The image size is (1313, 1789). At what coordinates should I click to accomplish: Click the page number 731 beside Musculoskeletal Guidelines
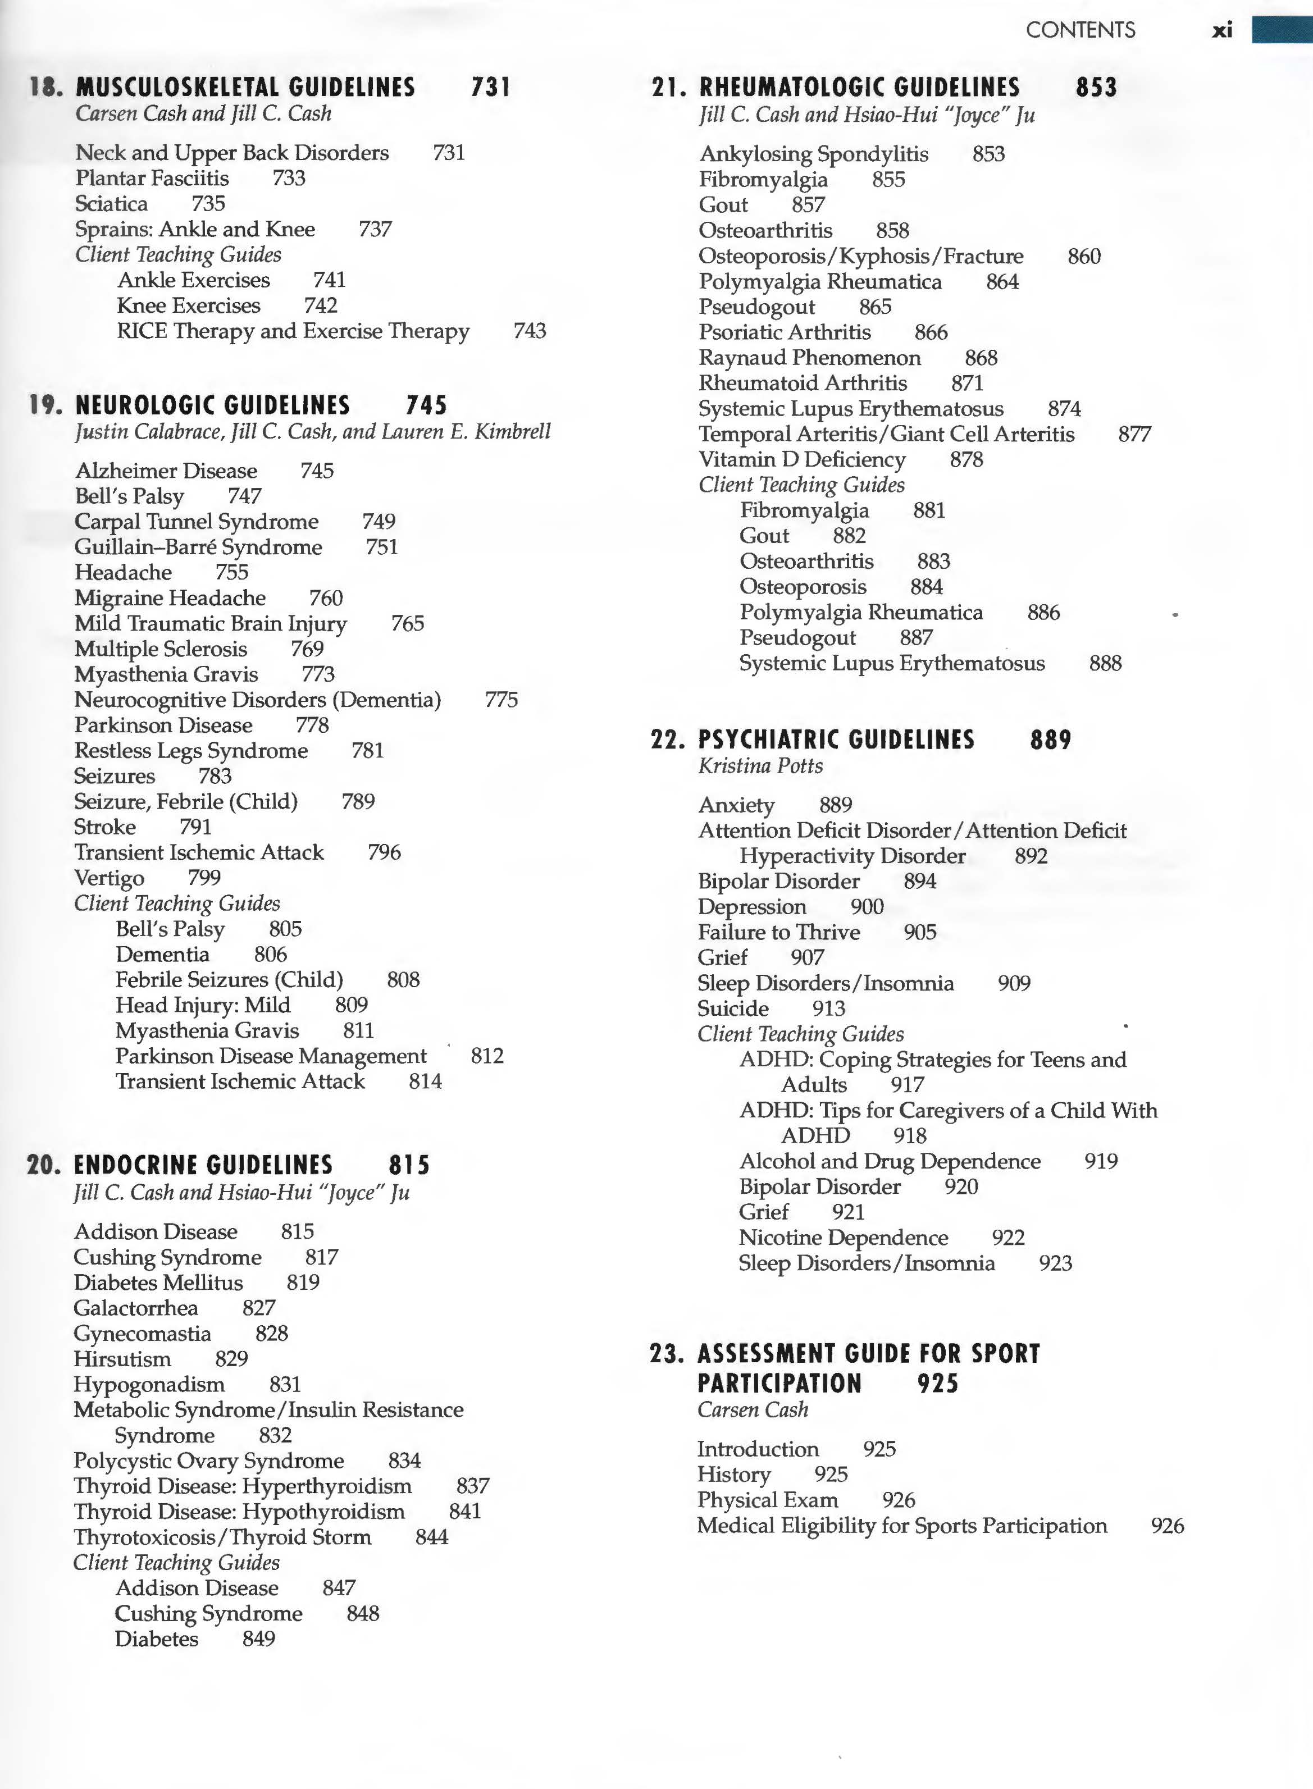tap(490, 86)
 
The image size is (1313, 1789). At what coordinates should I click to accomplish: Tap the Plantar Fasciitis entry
tap(152, 178)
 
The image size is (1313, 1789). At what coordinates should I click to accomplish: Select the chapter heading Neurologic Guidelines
tap(212, 405)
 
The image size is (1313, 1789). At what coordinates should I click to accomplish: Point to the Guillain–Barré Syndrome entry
tap(198, 547)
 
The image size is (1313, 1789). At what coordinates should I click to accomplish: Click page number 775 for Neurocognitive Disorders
tap(501, 700)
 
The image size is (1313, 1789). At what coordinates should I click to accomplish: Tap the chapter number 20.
tap(44, 1165)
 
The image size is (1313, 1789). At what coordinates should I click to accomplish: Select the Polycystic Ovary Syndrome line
tap(208, 1460)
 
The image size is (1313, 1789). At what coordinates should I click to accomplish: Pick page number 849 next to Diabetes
tap(258, 1638)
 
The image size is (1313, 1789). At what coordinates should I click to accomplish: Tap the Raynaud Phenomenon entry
tap(809, 358)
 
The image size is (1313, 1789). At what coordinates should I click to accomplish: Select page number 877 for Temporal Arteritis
tap(1134, 434)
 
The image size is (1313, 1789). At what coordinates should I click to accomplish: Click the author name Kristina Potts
tap(760, 765)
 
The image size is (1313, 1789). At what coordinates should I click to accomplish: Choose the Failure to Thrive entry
tap(778, 932)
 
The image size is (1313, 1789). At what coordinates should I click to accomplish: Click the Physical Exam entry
tap(767, 1500)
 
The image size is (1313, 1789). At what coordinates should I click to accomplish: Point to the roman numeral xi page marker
tap(1221, 30)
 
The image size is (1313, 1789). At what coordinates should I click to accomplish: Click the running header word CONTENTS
tap(1080, 30)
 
